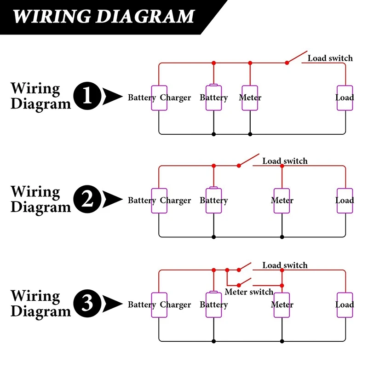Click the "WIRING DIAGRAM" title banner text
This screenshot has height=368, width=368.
[x=103, y=17]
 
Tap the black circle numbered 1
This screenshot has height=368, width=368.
[x=87, y=96]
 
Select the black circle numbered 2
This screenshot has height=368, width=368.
[x=87, y=199]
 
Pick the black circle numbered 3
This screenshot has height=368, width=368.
[x=87, y=303]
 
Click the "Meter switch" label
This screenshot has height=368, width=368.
[x=249, y=292]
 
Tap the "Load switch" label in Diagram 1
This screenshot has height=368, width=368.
[x=330, y=58]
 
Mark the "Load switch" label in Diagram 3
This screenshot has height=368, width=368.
[x=285, y=265]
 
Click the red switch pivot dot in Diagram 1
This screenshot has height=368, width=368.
[x=287, y=63]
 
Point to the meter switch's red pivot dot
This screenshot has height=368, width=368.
[x=239, y=285]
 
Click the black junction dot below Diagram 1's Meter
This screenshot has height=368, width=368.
[x=250, y=134]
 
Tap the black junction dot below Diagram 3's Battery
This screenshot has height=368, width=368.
[x=213, y=341]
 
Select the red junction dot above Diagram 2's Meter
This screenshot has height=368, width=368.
[x=282, y=166]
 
